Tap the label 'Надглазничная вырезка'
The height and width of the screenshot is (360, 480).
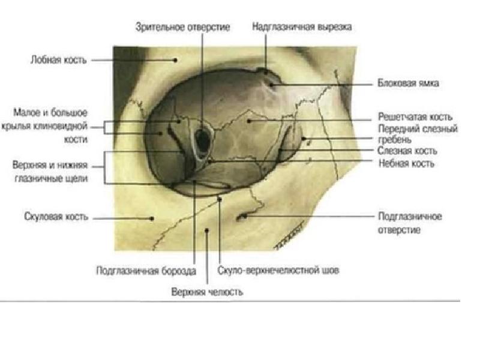click(x=302, y=27)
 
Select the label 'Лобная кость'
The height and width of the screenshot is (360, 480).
click(x=59, y=60)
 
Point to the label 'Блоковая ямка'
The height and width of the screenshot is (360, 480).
click(x=408, y=83)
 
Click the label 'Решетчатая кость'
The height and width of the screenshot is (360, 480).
click(x=415, y=117)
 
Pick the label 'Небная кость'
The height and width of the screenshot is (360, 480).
click(x=407, y=163)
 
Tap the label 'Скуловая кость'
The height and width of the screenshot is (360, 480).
click(x=56, y=217)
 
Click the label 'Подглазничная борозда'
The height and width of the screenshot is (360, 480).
click(x=146, y=271)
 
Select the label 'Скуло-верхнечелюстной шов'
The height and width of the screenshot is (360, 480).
click(x=279, y=271)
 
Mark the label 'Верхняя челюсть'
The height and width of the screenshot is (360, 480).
click(x=206, y=292)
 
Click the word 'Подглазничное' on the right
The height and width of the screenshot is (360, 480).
click(x=410, y=217)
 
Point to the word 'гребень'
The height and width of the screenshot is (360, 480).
click(x=394, y=140)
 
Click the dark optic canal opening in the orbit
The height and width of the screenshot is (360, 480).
click(x=203, y=140)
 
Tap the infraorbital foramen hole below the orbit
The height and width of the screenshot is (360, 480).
click(x=242, y=217)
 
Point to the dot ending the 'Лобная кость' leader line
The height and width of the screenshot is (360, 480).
click(x=176, y=59)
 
